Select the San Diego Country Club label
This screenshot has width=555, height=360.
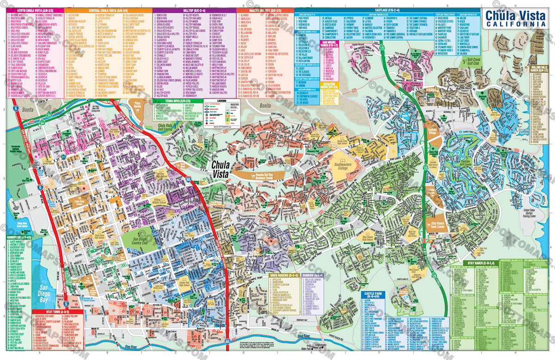tap(135, 240)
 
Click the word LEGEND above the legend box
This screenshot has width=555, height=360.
tap(222, 100)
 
